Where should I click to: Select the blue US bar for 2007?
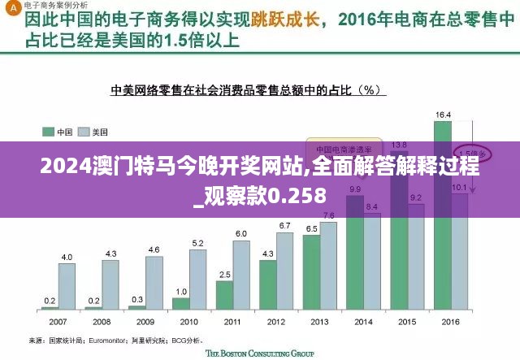[67, 286]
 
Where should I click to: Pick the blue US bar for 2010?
[197, 279]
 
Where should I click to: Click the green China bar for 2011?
[224, 295]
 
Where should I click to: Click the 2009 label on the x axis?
[145, 320]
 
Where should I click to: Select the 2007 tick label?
[58, 320]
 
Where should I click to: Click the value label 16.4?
[444, 115]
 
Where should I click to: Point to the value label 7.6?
[328, 215]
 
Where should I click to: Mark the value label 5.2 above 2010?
[197, 243]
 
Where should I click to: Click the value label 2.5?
[225, 275]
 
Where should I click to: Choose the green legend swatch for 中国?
[48, 131]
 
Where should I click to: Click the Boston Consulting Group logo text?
[259, 353]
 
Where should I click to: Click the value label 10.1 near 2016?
[459, 188]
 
